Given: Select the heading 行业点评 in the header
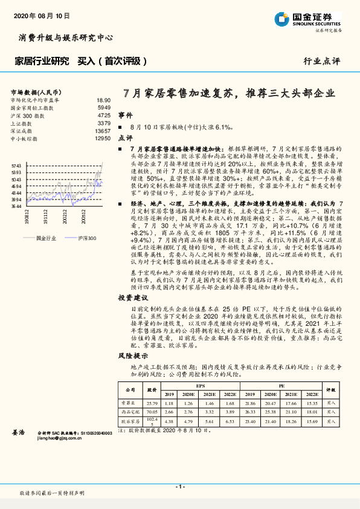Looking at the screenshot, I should [321, 61].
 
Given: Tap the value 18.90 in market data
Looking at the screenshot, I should [103, 100].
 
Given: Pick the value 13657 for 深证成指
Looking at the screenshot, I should [103, 131].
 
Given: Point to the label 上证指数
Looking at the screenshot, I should [24, 123].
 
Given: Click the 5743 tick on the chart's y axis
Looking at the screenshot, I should [16, 165].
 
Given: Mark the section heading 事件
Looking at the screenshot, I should [125, 114].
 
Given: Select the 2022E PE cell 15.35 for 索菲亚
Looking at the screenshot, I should [312, 403].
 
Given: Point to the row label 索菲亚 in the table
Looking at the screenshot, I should [126, 403].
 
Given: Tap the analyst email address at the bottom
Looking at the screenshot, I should [62, 439].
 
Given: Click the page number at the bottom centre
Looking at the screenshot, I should [179, 487].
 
